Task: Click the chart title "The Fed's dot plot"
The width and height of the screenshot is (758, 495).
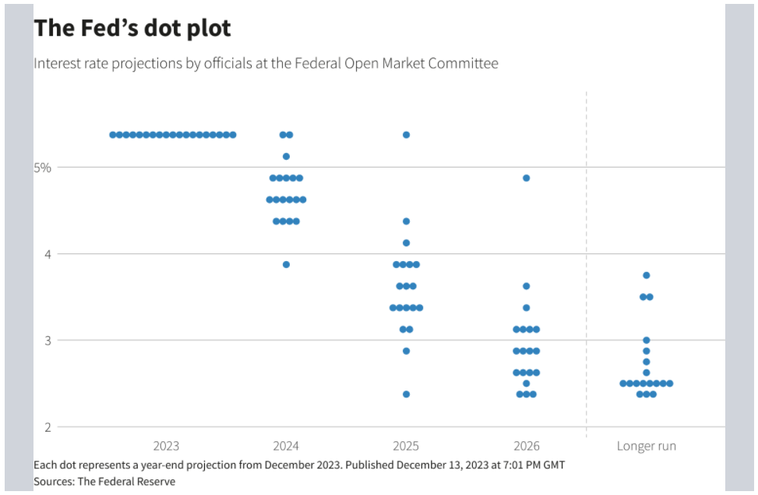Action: pos(132,28)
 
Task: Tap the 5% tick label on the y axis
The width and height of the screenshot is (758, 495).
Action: pos(43,168)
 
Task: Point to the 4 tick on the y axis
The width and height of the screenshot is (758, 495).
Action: pos(48,254)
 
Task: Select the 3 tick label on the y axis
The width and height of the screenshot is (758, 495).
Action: pos(48,341)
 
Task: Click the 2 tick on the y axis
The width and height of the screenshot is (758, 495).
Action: pos(48,427)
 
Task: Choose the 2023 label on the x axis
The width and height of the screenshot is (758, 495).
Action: pos(166,446)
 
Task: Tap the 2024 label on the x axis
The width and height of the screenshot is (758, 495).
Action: pos(286,446)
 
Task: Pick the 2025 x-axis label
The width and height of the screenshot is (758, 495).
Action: pos(406,446)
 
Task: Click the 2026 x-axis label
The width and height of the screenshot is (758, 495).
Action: pos(527,446)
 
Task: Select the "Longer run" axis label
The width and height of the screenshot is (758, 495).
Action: pos(647,446)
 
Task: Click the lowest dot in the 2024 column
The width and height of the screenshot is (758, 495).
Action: pos(286,265)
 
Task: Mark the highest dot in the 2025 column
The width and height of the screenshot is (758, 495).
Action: pos(406,135)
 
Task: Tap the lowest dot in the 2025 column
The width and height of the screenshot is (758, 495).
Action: pos(406,394)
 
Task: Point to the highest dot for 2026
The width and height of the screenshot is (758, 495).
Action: pos(527,178)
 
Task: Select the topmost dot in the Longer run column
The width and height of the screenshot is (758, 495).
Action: pos(647,275)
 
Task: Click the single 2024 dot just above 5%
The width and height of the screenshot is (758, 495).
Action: pos(286,156)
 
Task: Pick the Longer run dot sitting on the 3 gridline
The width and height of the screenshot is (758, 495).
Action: pos(647,340)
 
